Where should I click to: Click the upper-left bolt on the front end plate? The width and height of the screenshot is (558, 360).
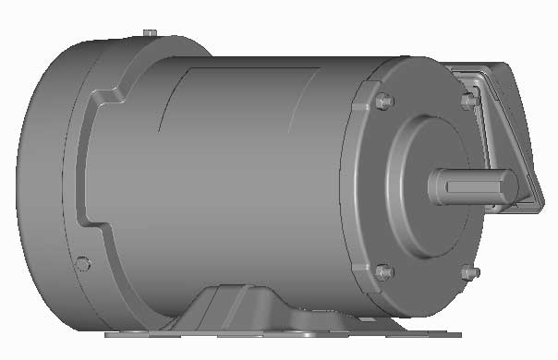(385, 101)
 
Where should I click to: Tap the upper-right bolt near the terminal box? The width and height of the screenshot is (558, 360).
(467, 99)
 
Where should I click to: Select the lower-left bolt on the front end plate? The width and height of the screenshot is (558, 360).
(385, 272)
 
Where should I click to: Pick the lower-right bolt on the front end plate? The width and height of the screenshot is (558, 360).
(467, 273)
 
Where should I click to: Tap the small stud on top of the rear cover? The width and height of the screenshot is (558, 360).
(148, 34)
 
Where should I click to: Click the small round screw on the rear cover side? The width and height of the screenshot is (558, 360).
(83, 264)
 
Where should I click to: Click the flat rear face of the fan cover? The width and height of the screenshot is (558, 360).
(37, 185)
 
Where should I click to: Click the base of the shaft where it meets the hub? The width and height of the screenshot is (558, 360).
(432, 186)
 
